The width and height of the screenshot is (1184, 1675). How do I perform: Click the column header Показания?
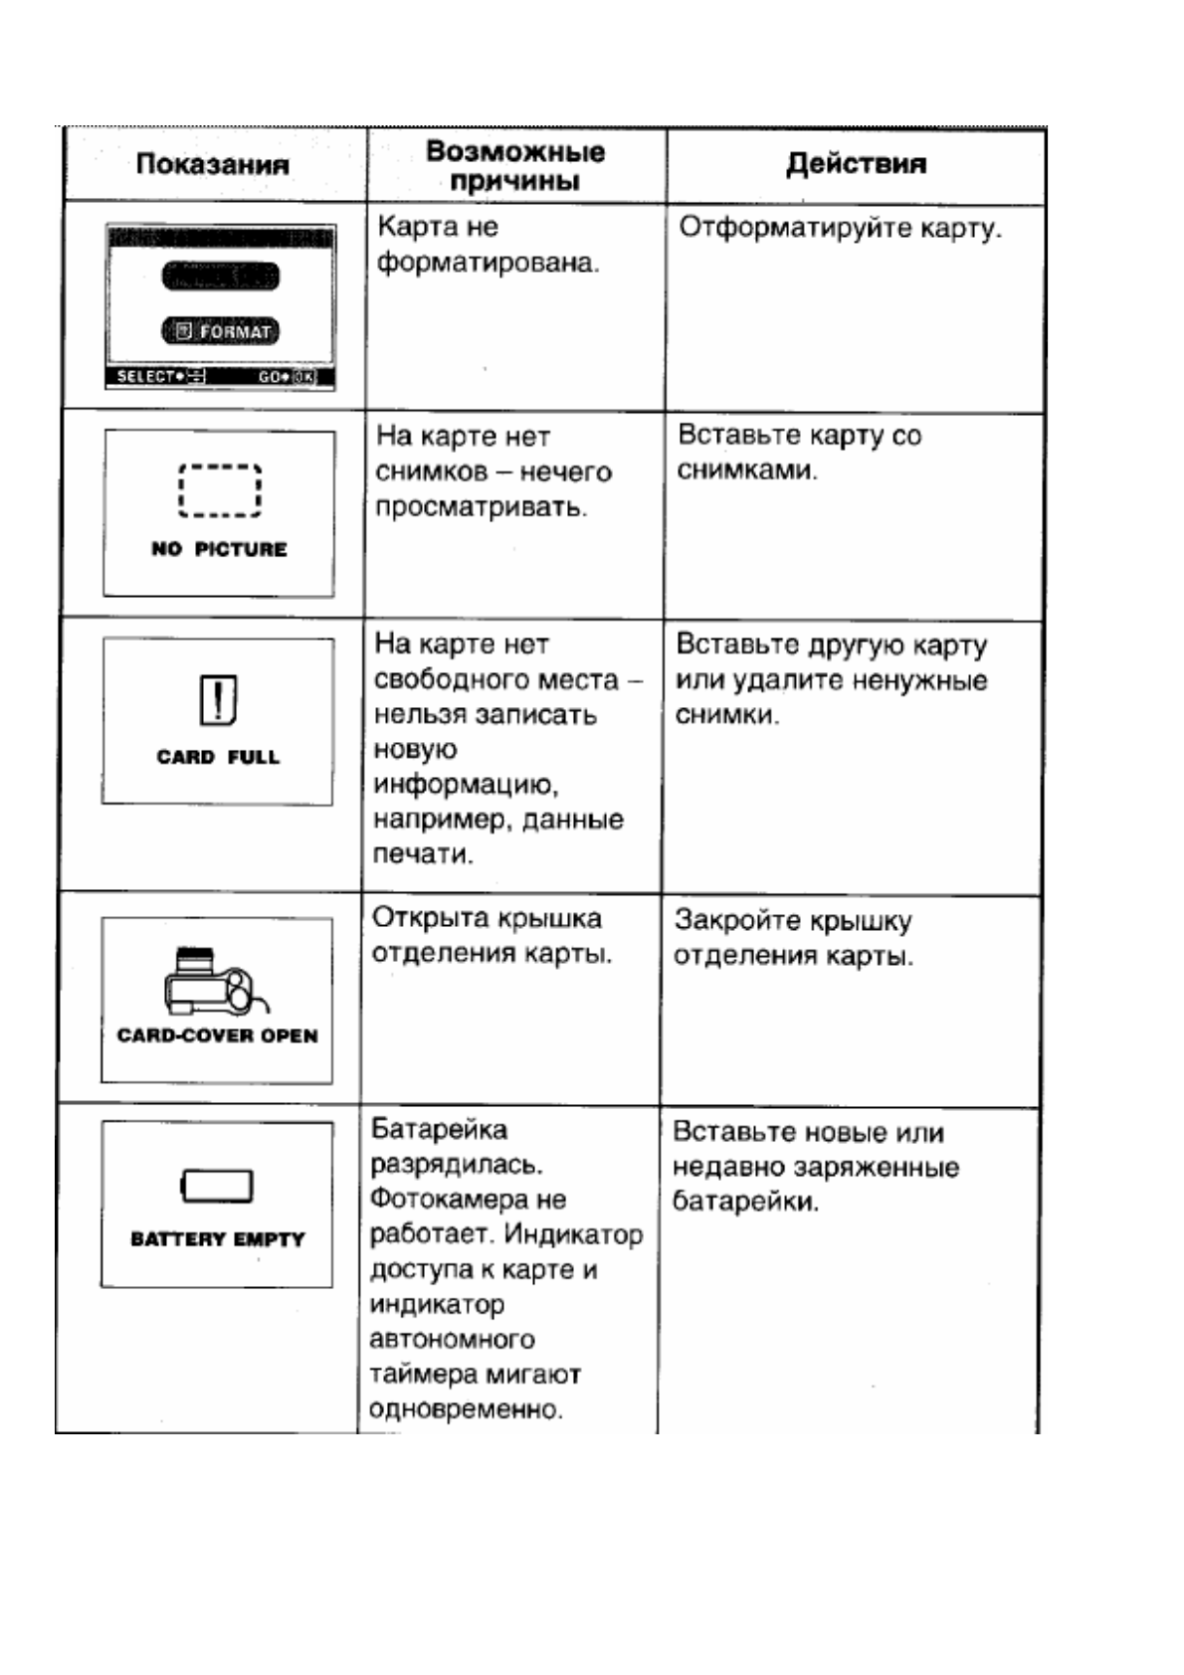tap(212, 164)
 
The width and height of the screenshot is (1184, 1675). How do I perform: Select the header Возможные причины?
tap(514, 166)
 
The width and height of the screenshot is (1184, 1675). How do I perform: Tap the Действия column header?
tap(856, 164)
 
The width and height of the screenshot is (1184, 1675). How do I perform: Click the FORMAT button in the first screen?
tap(221, 331)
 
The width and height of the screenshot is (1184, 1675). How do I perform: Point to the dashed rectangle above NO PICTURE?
tap(220, 490)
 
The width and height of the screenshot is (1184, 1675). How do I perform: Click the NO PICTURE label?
tap(219, 549)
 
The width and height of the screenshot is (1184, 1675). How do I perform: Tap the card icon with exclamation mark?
tap(218, 699)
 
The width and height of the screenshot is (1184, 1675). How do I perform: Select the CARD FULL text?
tap(218, 757)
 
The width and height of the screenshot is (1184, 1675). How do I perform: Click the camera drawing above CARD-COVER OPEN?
tap(216, 980)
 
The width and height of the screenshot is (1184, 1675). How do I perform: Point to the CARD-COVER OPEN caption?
tap(217, 1035)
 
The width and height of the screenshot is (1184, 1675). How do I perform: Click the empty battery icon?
tap(217, 1186)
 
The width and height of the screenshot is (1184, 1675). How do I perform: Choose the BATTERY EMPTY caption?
tap(217, 1239)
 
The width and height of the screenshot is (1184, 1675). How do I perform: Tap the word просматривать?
tap(481, 507)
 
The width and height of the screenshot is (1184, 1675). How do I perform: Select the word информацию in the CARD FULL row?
tap(466, 785)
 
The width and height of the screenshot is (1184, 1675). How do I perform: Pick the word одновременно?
tap(466, 1409)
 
